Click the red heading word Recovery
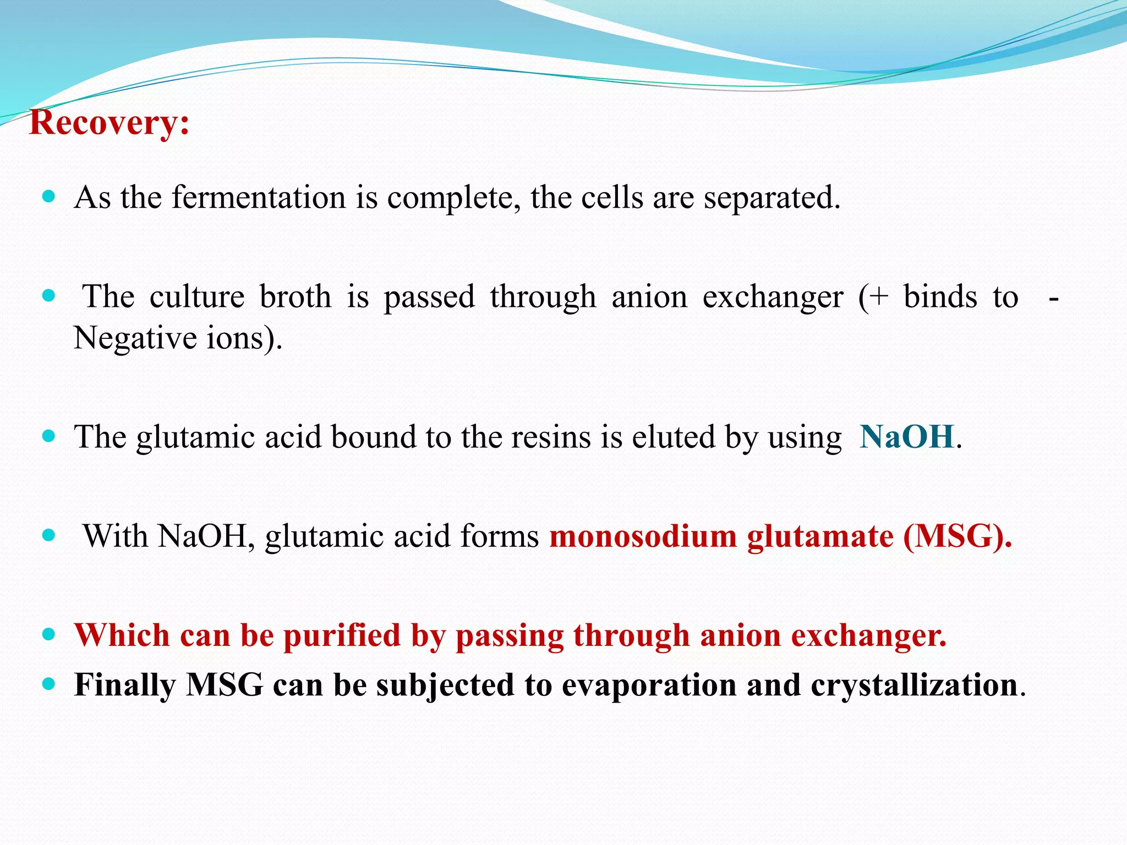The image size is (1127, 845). point(108,123)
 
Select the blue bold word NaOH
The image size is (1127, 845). point(906,437)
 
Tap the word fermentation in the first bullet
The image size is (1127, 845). point(259,197)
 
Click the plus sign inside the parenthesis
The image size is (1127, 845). point(879,298)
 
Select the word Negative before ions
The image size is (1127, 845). point(135,338)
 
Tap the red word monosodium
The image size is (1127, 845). point(642,536)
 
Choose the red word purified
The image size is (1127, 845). point(342,635)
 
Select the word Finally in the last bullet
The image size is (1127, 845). point(125,685)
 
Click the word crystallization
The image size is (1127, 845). point(914,685)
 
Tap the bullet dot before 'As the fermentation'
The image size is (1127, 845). point(49,196)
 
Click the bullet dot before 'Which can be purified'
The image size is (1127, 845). point(49,634)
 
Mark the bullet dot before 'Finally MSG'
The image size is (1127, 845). point(49,684)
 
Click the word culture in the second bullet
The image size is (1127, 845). point(197,297)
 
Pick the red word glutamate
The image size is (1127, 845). point(820,536)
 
